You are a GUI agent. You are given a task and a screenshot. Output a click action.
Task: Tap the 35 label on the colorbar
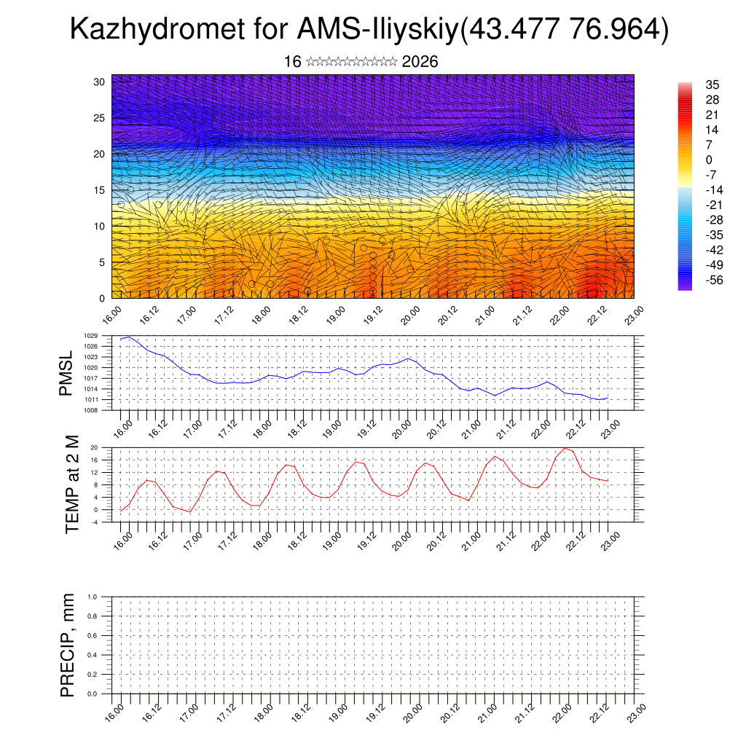tap(712, 85)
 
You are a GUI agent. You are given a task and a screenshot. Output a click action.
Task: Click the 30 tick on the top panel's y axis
tap(100, 82)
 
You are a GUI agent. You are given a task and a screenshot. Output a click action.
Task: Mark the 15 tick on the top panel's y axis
tap(100, 190)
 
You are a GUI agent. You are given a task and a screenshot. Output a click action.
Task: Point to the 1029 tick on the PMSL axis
tap(105, 336)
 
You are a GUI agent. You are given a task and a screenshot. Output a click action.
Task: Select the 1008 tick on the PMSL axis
tap(105, 410)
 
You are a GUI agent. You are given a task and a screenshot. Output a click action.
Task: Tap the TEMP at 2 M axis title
tap(71, 484)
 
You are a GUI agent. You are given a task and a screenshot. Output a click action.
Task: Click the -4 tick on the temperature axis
tap(106, 522)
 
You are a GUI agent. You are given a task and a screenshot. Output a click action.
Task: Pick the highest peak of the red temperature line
tap(565, 448)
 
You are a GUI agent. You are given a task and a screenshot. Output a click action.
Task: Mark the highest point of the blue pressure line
tap(129, 337)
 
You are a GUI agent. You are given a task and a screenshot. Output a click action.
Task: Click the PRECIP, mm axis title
tap(68, 645)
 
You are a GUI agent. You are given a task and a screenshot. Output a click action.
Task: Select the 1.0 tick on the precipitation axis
tap(103, 597)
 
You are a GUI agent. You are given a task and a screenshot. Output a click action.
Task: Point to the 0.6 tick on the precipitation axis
tap(103, 635)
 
